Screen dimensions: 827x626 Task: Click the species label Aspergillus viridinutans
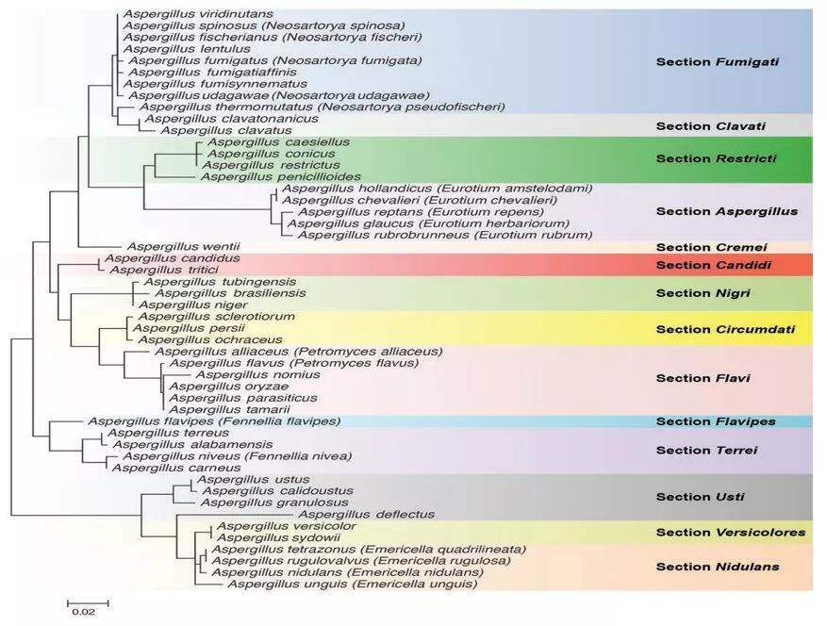pos(198,14)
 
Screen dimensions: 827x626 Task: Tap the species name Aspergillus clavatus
pos(225,130)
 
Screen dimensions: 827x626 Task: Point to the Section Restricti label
pos(717,158)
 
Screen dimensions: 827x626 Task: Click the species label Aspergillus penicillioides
pos(281,176)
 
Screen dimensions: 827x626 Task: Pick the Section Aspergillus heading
pos(727,211)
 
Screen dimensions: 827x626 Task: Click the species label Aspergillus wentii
pos(184,246)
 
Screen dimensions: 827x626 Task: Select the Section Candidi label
pos(714,265)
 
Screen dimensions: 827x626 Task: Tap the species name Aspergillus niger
pos(193,305)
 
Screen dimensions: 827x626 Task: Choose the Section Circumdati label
pos(725,330)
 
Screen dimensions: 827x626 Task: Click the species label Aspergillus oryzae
pos(229,386)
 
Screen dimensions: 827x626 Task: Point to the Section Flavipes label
pos(716,421)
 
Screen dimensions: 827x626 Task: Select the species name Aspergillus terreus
pos(168,433)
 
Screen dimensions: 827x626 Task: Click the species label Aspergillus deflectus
pos(367,514)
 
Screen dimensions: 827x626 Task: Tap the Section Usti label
pos(701,497)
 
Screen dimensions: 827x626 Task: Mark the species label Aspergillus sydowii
pos(278,538)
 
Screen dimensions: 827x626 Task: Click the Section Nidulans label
pos(718,567)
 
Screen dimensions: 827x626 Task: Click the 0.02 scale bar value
pos(84,612)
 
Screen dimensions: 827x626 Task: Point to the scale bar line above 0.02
pos(88,602)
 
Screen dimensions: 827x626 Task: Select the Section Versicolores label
pos(731,533)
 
